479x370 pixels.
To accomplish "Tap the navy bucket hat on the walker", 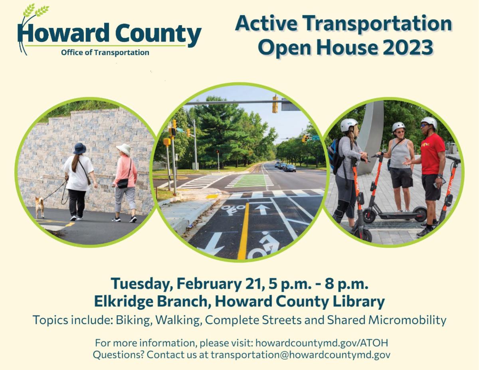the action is coord(79,148).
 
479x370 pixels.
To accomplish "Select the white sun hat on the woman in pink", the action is coord(123,149).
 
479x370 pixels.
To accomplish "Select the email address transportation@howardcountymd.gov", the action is coord(301,355).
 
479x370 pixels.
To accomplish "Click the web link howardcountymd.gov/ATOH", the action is coord(322,343).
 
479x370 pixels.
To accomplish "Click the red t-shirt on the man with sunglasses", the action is coord(432,154).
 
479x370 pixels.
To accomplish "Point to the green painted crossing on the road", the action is coord(251,181).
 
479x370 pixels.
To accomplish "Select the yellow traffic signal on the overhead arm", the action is coord(275,104).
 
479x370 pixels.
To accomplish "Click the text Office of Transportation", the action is coord(105,53).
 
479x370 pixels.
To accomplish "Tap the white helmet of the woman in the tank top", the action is coord(398,126).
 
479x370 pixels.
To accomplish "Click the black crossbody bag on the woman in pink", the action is coord(123,183).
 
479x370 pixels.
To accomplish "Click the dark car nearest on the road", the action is coord(290,168).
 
